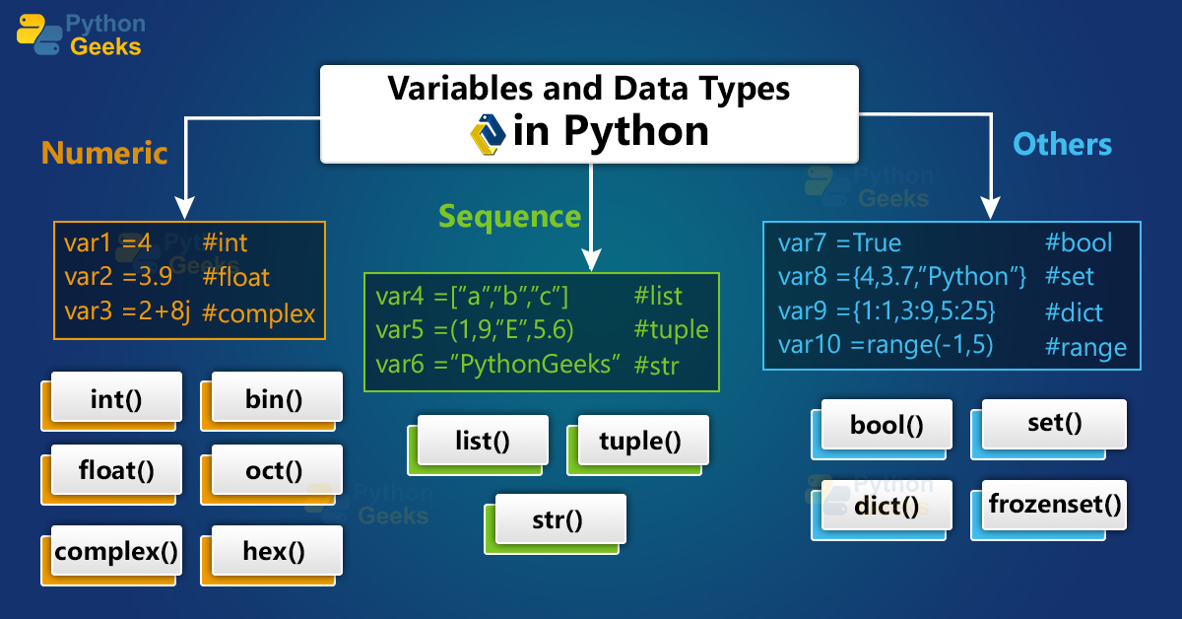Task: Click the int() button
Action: click(x=116, y=399)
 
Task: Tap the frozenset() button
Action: click(x=1055, y=506)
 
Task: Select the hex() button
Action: click(x=273, y=550)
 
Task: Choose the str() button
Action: click(x=558, y=517)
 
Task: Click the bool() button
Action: click(x=886, y=425)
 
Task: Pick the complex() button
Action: click(x=116, y=550)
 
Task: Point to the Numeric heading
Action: click(x=104, y=153)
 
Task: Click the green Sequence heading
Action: click(x=509, y=216)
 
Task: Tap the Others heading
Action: click(x=1062, y=145)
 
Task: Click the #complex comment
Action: click(x=258, y=313)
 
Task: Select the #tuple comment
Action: click(x=671, y=329)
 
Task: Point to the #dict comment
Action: click(x=1074, y=312)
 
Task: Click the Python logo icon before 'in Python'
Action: click(x=489, y=133)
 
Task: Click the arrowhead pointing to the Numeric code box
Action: click(x=184, y=208)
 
